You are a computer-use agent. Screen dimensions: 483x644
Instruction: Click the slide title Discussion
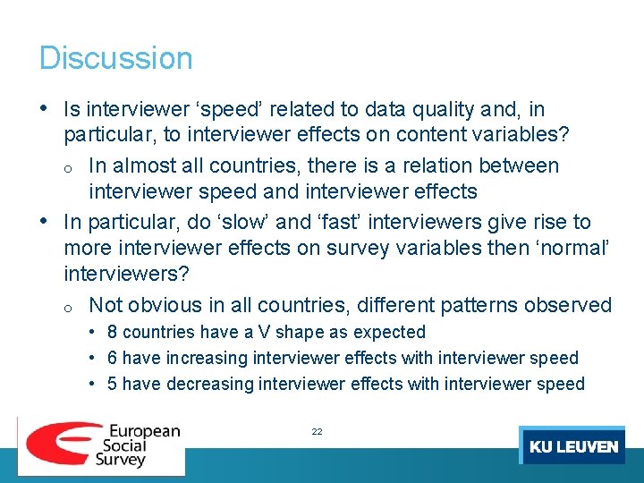coord(115,58)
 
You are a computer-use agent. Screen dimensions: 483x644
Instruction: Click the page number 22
coord(317,431)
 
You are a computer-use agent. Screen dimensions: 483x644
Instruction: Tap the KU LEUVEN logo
coord(573,446)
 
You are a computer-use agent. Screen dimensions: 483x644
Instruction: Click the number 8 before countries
coord(112,332)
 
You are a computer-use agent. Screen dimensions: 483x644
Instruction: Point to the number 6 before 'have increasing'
coord(112,358)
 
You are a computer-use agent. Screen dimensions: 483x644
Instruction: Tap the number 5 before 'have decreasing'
coord(112,384)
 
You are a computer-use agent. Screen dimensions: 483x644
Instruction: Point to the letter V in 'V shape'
coord(264,332)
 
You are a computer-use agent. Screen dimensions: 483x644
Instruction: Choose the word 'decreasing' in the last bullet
coord(208,384)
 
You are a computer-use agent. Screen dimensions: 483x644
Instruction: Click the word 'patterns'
coord(481,305)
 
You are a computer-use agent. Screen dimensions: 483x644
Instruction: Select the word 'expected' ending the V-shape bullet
coord(389,332)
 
